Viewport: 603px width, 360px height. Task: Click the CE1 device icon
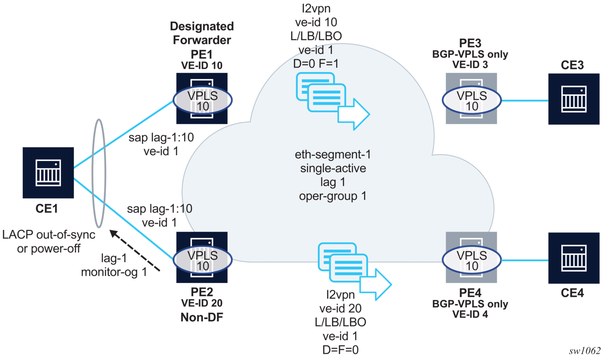click(x=48, y=173)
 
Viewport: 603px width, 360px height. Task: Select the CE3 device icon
click(x=574, y=99)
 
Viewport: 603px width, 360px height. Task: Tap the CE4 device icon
click(x=574, y=258)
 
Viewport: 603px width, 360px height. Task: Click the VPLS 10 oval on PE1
click(x=202, y=100)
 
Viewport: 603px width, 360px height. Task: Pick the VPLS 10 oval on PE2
click(x=202, y=260)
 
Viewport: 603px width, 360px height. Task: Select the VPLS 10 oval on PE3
click(x=471, y=100)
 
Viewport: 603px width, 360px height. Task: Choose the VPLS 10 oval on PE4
click(x=471, y=260)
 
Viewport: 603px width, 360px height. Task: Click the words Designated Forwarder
click(x=202, y=33)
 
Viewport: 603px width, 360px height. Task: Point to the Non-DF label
click(x=202, y=317)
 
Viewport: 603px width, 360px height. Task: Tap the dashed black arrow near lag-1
click(x=134, y=251)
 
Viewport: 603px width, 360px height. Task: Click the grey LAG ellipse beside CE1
click(x=99, y=173)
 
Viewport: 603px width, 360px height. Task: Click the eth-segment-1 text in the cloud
click(x=333, y=155)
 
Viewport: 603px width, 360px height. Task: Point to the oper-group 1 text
click(x=333, y=196)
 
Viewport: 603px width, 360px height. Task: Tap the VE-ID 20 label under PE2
click(x=202, y=303)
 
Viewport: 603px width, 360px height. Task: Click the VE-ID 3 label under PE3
click(x=470, y=65)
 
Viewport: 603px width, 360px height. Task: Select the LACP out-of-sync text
click(x=49, y=235)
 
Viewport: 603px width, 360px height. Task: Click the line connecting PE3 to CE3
click(x=525, y=100)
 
